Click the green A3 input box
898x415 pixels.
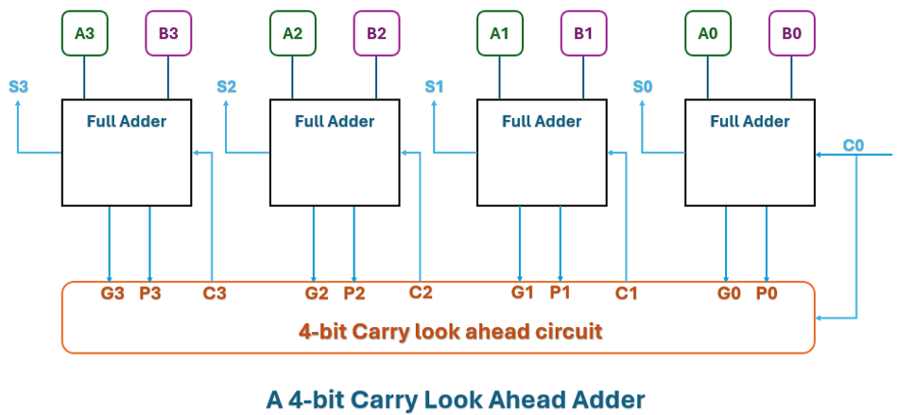tap(85, 33)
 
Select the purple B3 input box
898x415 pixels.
tap(168, 33)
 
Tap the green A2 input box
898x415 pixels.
tap(293, 33)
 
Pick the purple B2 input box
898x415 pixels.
tap(376, 33)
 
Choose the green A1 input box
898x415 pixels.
tap(499, 33)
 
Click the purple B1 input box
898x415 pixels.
tap(583, 33)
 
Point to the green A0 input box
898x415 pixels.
tap(708, 33)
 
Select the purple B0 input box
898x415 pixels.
tap(791, 33)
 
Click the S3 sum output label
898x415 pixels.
tap(19, 86)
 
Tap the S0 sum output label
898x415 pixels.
tap(643, 86)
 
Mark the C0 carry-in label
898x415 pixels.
tap(854, 145)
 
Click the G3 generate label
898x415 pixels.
tap(112, 293)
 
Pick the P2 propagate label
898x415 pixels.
tap(354, 293)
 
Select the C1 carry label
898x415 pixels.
tap(627, 293)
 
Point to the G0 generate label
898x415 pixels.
tap(728, 293)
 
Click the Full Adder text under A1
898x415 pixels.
tap(542, 121)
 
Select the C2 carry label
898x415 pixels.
tap(421, 292)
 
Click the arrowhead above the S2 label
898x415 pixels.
tap(226, 103)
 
